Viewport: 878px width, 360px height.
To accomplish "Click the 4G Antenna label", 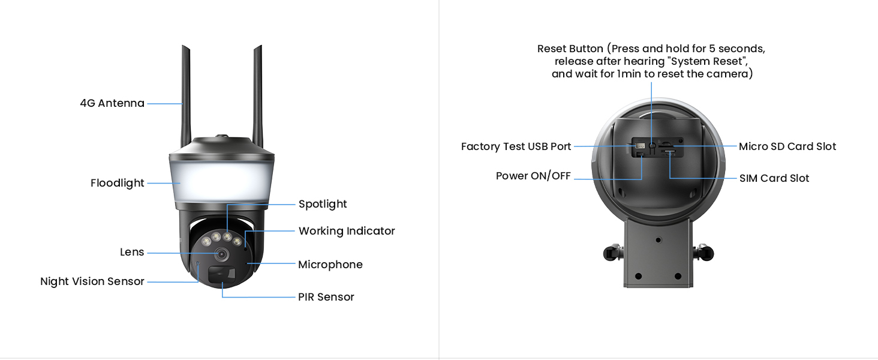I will tap(112, 103).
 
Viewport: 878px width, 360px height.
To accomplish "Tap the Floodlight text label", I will tap(118, 183).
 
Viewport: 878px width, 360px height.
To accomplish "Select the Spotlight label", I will tap(323, 204).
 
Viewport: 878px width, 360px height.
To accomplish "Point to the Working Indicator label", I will tap(347, 231).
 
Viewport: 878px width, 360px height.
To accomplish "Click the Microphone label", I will tap(330, 265).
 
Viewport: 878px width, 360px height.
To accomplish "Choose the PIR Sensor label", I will tap(326, 297).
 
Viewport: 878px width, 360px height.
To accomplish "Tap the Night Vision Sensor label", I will tap(92, 281).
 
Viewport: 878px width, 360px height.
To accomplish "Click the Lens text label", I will tap(132, 253).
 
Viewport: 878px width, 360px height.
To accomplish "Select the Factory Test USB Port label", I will tap(516, 146).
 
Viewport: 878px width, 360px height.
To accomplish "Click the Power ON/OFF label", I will tap(533, 176).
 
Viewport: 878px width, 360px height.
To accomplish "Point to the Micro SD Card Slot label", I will tap(787, 146).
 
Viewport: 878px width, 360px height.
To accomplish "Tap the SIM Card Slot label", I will tap(774, 178).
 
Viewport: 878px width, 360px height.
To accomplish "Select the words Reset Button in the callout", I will tap(570, 49).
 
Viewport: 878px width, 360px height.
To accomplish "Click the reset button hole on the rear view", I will tap(651, 146).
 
